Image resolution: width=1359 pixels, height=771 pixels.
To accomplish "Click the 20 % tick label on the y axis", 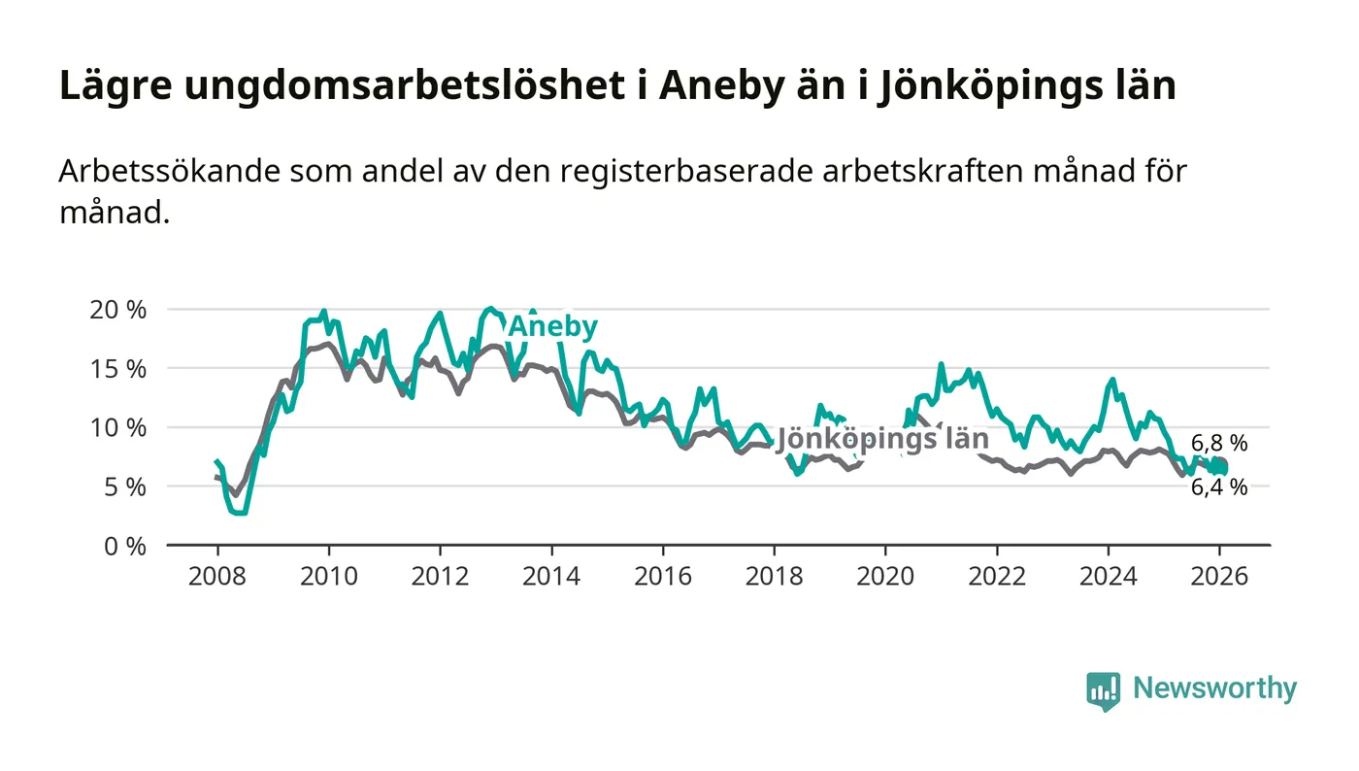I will pyautogui.click(x=118, y=310).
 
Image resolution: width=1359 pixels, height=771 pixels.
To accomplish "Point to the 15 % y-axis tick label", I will pyautogui.click(x=118, y=369).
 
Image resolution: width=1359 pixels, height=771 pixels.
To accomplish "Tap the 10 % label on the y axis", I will pyautogui.click(x=118, y=427).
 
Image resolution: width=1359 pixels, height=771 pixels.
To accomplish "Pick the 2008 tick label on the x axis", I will pyautogui.click(x=216, y=576).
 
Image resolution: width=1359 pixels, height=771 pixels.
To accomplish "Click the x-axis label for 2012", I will pyautogui.click(x=440, y=576).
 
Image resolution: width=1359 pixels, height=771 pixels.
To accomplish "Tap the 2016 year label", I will pyautogui.click(x=662, y=576).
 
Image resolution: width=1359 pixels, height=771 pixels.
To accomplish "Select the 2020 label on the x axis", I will pyautogui.click(x=885, y=576).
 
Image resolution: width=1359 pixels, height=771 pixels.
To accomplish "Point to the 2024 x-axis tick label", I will pyautogui.click(x=1109, y=576).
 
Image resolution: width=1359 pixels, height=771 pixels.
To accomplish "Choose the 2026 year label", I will pyautogui.click(x=1219, y=576).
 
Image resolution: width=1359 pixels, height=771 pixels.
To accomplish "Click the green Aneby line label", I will pyautogui.click(x=553, y=327).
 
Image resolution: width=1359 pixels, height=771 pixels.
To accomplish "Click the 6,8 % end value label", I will pyautogui.click(x=1219, y=444).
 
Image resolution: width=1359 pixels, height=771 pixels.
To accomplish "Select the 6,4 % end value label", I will pyautogui.click(x=1219, y=488).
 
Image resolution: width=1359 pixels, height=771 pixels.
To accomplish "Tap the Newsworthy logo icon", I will pyautogui.click(x=1103, y=690).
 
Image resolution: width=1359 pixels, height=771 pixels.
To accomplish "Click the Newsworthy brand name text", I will pyautogui.click(x=1214, y=688).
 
